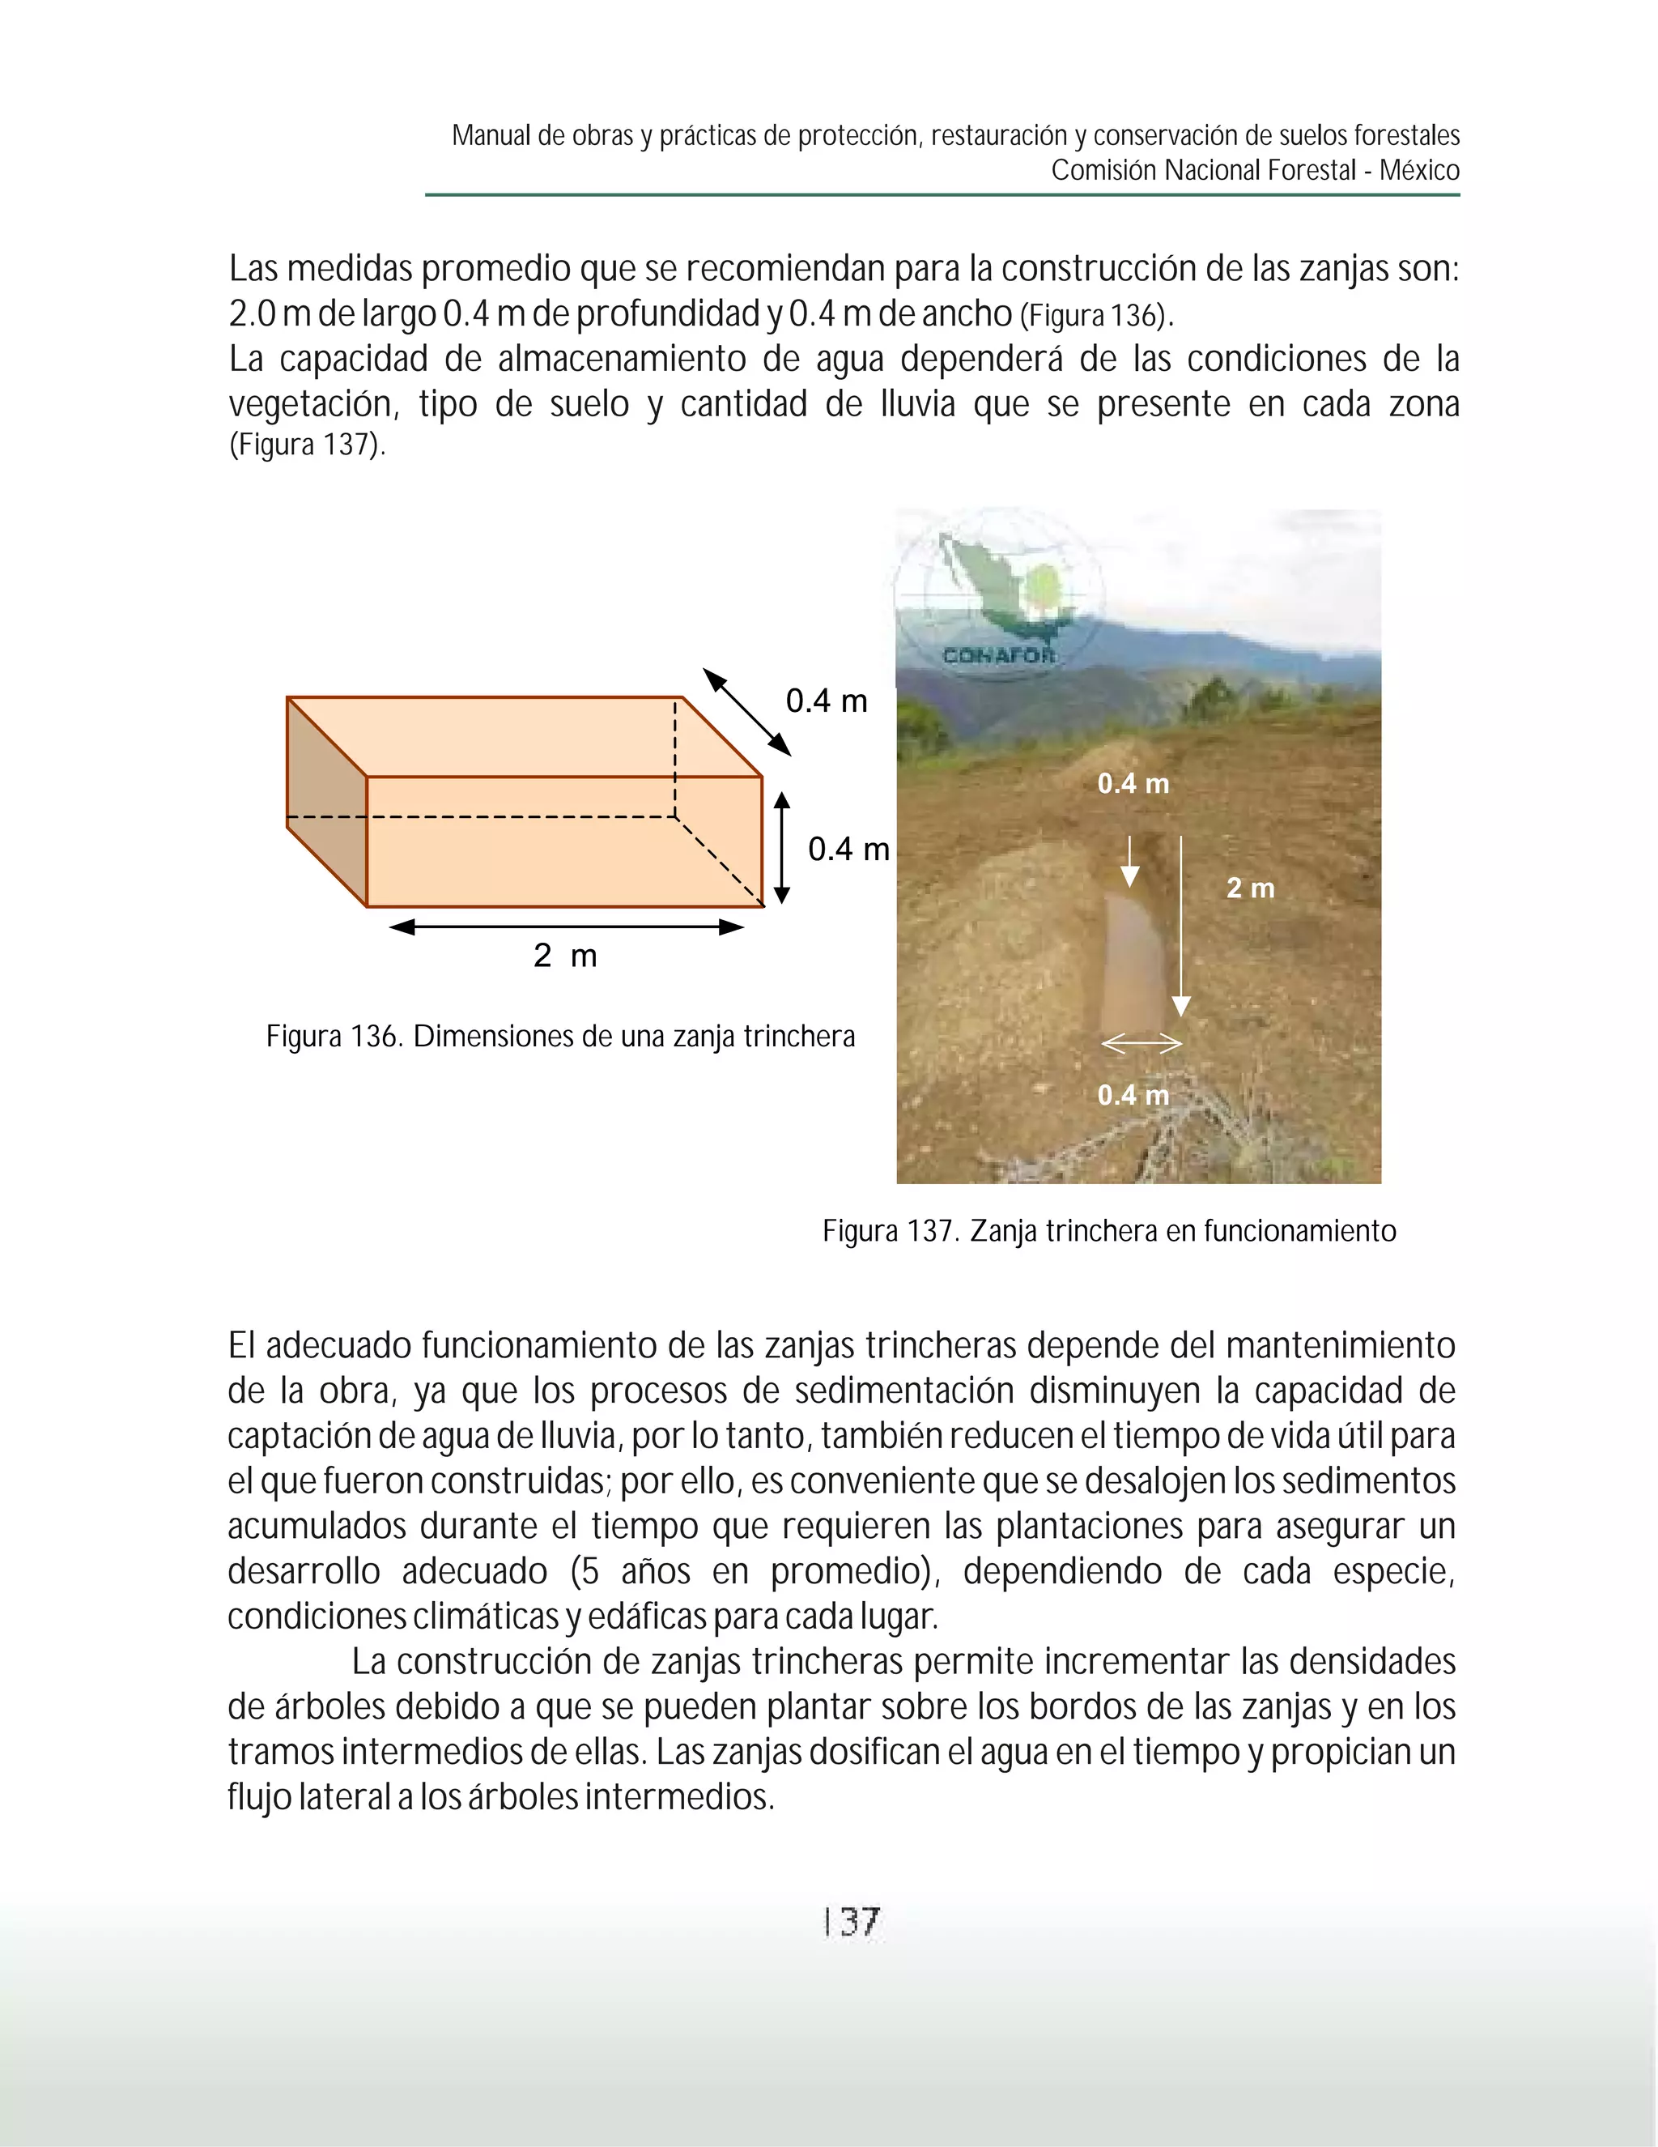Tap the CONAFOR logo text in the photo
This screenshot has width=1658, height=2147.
tap(998, 656)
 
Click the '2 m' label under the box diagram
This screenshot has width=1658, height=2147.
tap(565, 955)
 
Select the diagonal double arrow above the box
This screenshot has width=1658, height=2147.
tap(747, 713)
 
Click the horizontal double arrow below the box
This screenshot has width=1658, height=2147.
tap(566, 926)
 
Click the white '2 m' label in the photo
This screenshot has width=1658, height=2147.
tap(1250, 888)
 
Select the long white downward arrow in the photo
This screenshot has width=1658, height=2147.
tap(1181, 924)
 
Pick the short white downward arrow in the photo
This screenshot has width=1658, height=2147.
tap(1130, 861)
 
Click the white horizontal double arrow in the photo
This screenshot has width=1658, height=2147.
tap(1141, 1044)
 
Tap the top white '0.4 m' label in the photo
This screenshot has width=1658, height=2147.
tap(1133, 783)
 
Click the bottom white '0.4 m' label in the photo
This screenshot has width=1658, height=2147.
tap(1133, 1094)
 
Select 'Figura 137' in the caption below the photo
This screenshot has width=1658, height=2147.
tap(891, 1231)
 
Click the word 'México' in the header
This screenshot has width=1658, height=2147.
tap(1419, 170)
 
